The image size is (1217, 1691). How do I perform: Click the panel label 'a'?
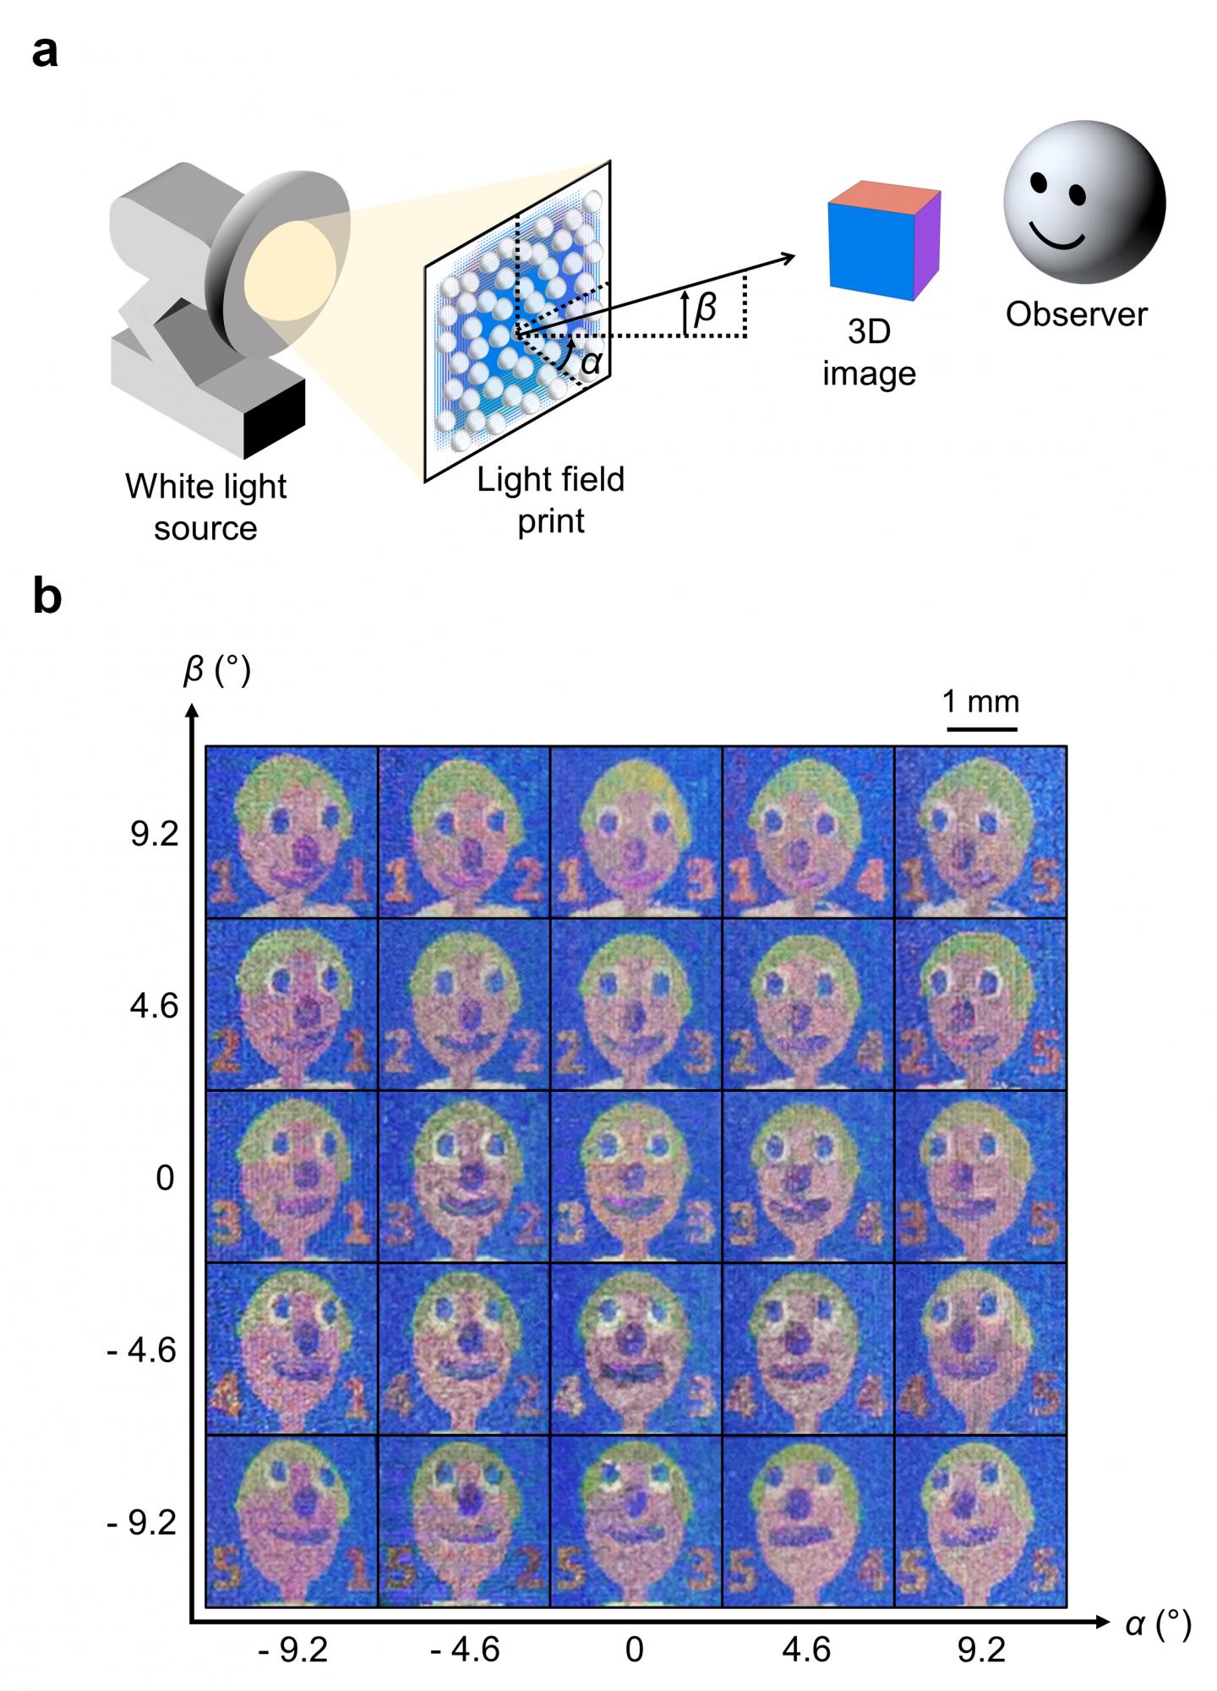[46, 52]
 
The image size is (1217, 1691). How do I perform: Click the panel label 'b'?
[47, 597]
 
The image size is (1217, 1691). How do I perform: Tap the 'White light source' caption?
[205, 507]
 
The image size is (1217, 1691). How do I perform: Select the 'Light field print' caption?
[550, 499]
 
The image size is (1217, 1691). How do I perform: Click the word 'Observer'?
[1076, 314]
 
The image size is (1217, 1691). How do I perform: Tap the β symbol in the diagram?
[704, 309]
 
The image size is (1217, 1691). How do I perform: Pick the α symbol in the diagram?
[592, 362]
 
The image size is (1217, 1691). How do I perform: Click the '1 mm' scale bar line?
[981, 727]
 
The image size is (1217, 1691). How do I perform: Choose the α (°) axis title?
[1158, 1623]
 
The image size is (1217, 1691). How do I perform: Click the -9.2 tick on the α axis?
[292, 1649]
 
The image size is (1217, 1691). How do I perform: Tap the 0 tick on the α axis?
[635, 1649]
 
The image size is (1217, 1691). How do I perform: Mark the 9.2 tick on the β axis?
[155, 834]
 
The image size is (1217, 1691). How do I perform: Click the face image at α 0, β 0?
[636, 1176]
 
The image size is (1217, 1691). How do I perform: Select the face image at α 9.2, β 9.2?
[981, 832]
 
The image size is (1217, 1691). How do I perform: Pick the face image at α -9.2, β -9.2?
[292, 1520]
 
